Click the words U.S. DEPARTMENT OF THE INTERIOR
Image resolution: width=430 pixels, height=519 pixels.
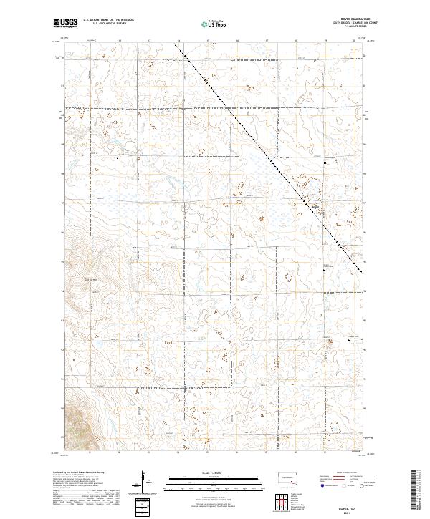pyautogui.click(x=108, y=20)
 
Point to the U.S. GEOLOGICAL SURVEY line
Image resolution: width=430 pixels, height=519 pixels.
pyautogui.click(x=104, y=24)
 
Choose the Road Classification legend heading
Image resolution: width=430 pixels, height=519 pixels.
pyautogui.click(x=338, y=473)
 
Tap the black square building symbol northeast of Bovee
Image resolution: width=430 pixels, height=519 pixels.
pyautogui.click(x=324, y=163)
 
